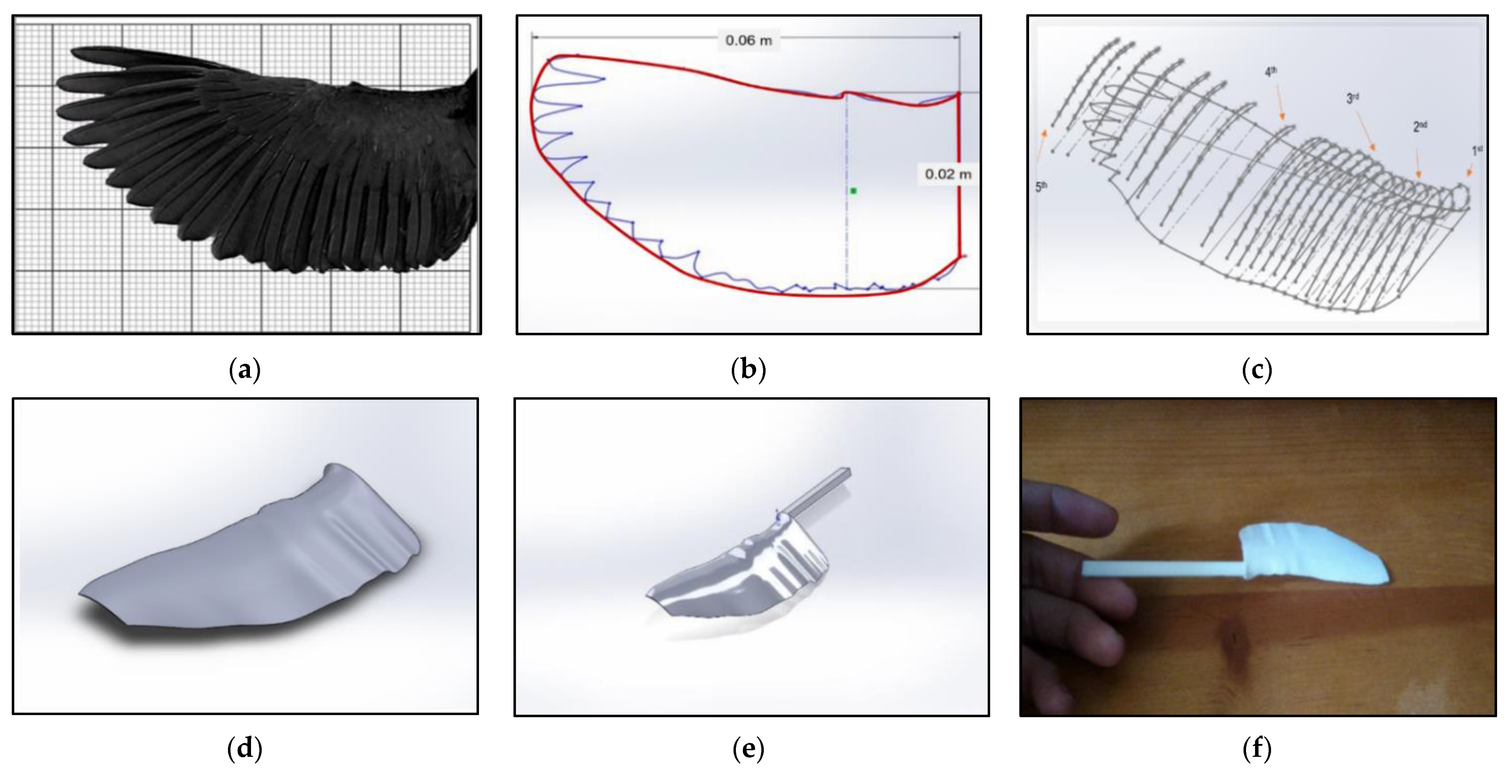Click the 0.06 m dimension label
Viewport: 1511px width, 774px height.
[x=748, y=40]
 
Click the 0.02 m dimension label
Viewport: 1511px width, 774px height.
[x=948, y=174]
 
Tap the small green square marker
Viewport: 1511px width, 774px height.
[x=854, y=191]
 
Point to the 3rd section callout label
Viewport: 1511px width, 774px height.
[x=1353, y=99]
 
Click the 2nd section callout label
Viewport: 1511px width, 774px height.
[x=1419, y=126]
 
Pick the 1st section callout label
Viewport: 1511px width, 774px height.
[x=1477, y=151]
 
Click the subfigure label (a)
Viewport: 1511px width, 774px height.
[x=244, y=370]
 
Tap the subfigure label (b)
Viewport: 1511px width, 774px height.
[x=748, y=370]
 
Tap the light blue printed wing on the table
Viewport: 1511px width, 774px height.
[x=1314, y=557]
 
